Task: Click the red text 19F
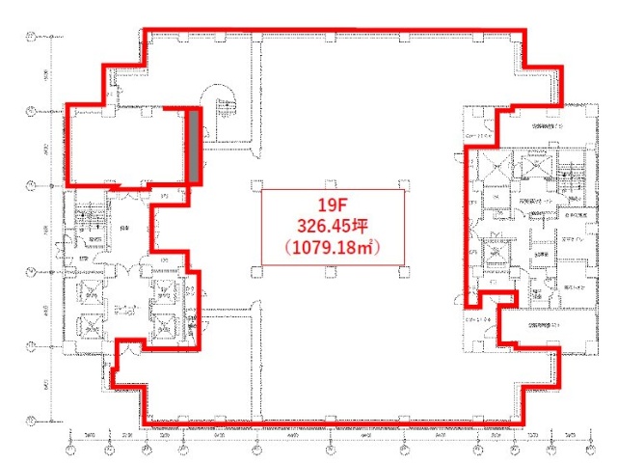[x=332, y=205]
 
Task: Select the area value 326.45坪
[x=332, y=227]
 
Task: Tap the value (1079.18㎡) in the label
[x=332, y=248]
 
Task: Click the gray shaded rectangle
[x=193, y=147]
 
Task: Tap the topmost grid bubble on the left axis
[x=30, y=39]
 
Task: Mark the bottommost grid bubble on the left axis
[x=30, y=421]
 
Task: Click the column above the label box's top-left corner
[x=256, y=183]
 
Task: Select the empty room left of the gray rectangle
[x=123, y=145]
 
